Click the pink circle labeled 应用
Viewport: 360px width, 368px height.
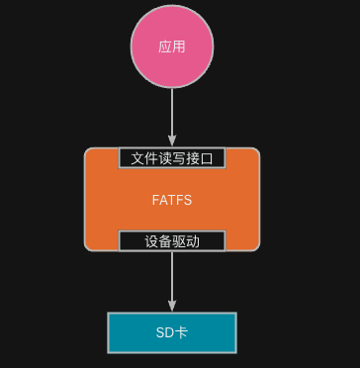click(x=172, y=46)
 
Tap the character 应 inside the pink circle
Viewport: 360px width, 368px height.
click(x=165, y=46)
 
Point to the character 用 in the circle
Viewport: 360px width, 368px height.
click(x=179, y=46)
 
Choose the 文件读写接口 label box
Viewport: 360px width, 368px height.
click(x=172, y=157)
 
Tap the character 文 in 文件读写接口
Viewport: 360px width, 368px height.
click(x=138, y=157)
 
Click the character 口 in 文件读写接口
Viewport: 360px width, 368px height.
click(x=207, y=157)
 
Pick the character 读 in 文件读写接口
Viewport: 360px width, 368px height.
click(x=165, y=157)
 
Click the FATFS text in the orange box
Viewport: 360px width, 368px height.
click(x=172, y=200)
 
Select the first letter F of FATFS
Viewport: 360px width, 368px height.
click(x=156, y=200)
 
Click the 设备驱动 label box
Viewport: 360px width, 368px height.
click(x=172, y=240)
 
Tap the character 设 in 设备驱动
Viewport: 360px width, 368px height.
click(x=151, y=240)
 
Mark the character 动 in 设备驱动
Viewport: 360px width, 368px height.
click(x=193, y=240)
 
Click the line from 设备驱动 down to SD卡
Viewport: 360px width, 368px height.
click(x=172, y=277)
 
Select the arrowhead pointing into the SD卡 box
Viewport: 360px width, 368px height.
click(x=172, y=307)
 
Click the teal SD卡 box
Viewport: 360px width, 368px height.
click(x=172, y=332)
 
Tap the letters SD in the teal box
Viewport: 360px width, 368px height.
click(x=165, y=332)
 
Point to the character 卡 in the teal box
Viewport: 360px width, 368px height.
click(x=181, y=332)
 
